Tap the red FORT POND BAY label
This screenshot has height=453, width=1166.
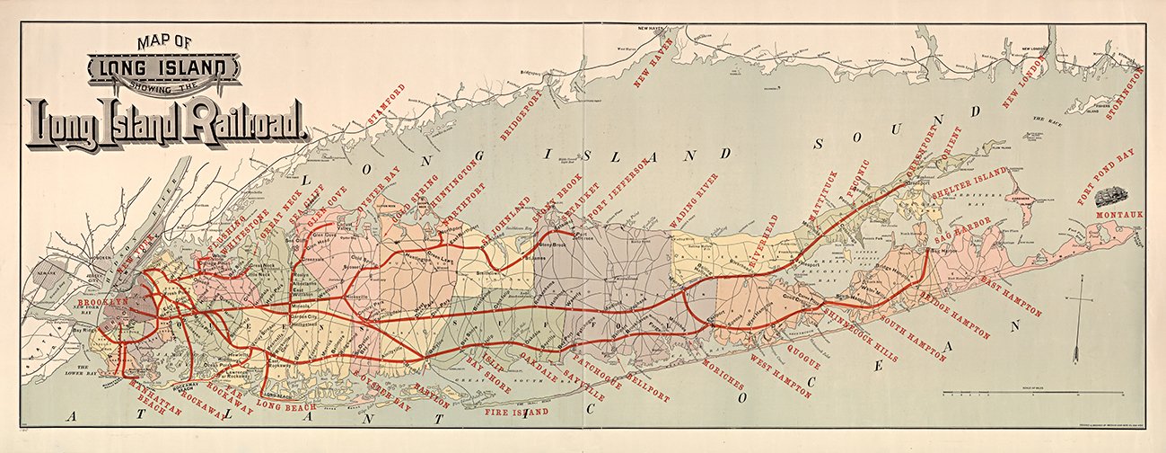(x=1106, y=176)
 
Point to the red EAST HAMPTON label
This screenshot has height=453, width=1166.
(x=1011, y=298)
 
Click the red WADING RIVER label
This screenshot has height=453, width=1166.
(x=693, y=200)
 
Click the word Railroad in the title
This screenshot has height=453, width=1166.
(x=244, y=122)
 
